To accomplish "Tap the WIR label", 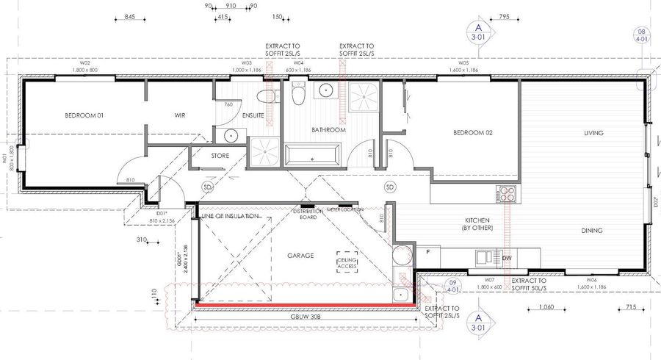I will (x=180, y=115).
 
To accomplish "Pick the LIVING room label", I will (x=593, y=133).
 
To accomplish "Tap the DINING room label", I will (x=593, y=231).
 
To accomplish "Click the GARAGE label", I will (x=300, y=256).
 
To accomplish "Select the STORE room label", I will (x=220, y=156).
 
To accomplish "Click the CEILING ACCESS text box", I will (x=347, y=264).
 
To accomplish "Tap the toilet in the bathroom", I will (x=298, y=94).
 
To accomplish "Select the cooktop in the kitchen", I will (x=506, y=195).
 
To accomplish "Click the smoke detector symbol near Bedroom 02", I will (x=390, y=187).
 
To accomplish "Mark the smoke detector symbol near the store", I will (x=207, y=187).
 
